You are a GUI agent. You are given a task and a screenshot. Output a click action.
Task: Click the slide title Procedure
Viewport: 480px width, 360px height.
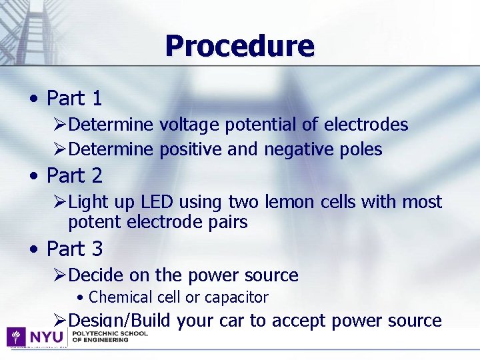click(239, 46)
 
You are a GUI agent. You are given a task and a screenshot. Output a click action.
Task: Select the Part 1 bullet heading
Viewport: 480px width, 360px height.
click(74, 99)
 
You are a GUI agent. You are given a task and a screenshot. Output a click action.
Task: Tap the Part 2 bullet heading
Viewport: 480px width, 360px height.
click(74, 176)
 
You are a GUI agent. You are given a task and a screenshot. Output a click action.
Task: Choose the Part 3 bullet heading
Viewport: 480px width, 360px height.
click(74, 249)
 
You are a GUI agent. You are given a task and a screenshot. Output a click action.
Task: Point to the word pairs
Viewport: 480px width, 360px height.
click(227, 223)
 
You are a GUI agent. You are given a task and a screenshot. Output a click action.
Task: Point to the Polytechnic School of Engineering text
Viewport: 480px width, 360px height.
click(109, 336)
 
